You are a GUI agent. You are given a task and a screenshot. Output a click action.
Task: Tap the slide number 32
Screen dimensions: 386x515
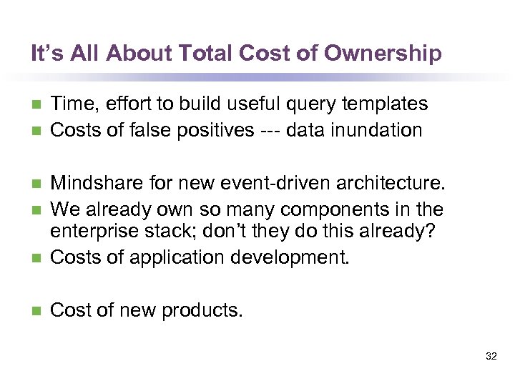tap(491, 355)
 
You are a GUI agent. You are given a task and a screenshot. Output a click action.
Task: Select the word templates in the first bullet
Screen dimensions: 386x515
tap(386, 104)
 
